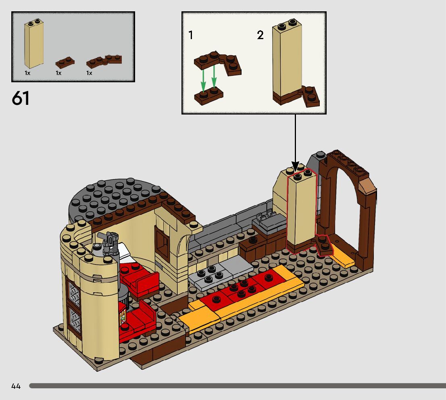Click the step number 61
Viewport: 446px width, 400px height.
[21, 98]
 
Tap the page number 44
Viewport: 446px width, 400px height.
[16, 386]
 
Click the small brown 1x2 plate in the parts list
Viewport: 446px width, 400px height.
[65, 62]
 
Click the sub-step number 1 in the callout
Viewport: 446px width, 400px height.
[191, 35]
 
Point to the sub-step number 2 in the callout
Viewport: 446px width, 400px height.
[261, 35]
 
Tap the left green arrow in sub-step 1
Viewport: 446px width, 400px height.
[204, 79]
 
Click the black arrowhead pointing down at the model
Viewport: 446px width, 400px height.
[295, 167]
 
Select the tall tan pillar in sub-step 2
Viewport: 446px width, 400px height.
[287, 60]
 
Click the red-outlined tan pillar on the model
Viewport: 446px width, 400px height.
[300, 210]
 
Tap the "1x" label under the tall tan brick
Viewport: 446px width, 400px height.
[27, 73]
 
